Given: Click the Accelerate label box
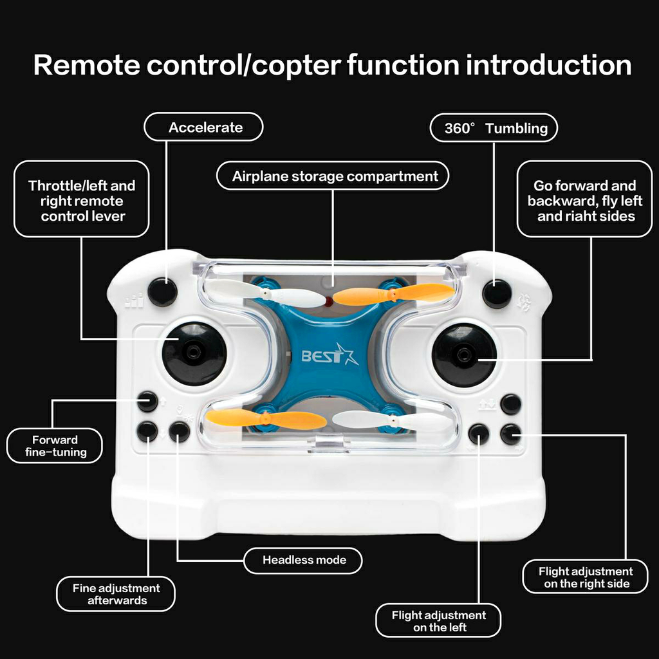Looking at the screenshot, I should tap(204, 127).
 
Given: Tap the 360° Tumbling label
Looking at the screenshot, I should tap(494, 128).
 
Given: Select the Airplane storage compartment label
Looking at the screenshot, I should tap(333, 176).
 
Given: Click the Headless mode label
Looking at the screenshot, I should tap(303, 560).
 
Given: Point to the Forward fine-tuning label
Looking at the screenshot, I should tap(55, 446).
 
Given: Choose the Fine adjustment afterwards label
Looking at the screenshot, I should tap(116, 594).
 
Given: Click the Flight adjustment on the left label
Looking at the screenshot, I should tap(438, 620).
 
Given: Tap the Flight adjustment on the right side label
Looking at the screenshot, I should tap(585, 577).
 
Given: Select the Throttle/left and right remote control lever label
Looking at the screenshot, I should tap(82, 200).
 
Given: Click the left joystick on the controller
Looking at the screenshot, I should tap(194, 353).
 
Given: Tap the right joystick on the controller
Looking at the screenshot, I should tap(464, 355).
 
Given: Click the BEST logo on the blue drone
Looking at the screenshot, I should tap(329, 356).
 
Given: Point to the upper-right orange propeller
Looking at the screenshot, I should tap(394, 294).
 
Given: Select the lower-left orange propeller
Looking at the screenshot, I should tap(266, 419).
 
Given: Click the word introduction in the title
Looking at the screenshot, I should tap(548, 66).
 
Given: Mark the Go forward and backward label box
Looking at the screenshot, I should tap(584, 200).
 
